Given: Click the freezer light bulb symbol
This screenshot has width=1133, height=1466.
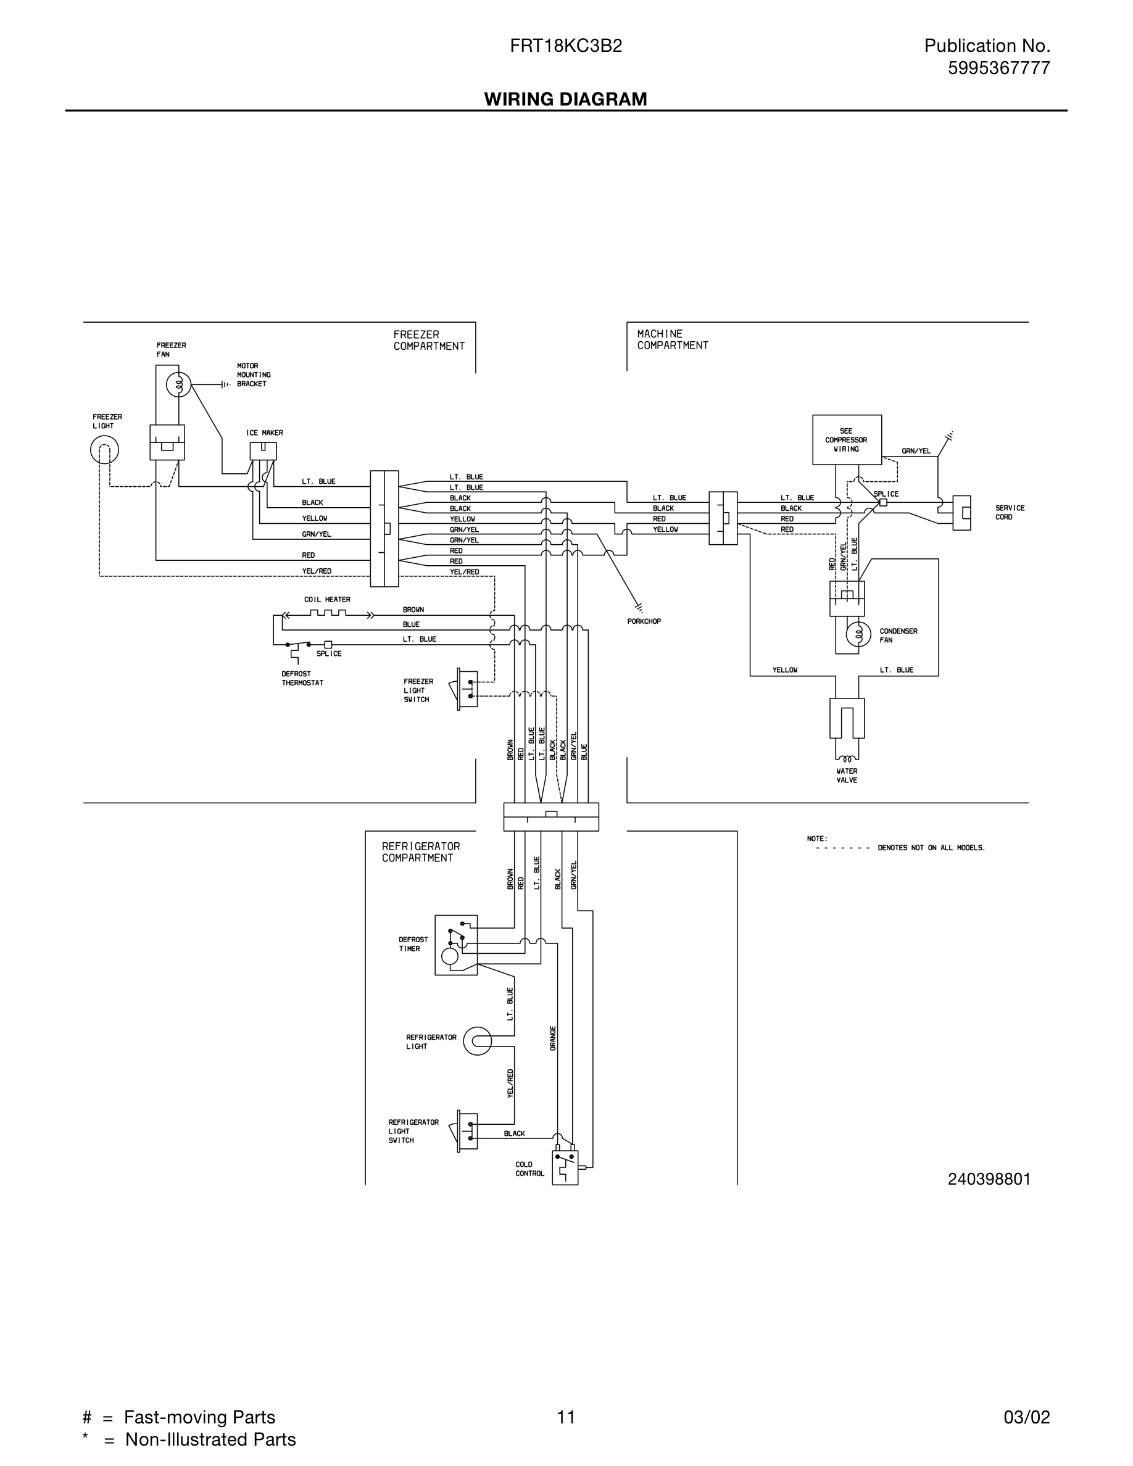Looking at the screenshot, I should coord(105,450).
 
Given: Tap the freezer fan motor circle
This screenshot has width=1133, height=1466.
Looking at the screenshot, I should coord(178,384).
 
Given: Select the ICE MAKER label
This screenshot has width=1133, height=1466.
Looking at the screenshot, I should coord(265,433).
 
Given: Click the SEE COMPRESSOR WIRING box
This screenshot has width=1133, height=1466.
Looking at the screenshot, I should coord(847,440).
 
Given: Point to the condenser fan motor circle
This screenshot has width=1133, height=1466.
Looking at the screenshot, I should coord(857,634).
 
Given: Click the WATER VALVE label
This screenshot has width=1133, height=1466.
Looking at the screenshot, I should coord(847,776).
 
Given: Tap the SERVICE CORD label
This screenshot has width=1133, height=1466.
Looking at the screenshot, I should coord(1010,512).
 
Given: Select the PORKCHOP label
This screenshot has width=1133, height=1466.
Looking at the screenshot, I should coord(644,621).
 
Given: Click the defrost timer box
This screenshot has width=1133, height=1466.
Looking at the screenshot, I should coord(456,945).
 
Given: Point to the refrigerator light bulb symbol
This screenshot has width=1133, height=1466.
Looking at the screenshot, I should coord(477,1041).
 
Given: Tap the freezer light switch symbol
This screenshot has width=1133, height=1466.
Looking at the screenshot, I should coord(467,689).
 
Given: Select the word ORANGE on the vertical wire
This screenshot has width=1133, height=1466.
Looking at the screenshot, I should coord(553,1038).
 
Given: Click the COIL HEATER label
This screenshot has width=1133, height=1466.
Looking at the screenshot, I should coord(327,600).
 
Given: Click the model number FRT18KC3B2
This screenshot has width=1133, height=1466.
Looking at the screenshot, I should coord(565,46).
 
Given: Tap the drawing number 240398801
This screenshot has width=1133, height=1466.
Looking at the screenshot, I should coord(989,1178).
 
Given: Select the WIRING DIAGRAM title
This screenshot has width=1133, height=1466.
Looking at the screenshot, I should coord(565,99).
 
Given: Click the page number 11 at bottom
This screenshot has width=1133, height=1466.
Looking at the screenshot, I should coord(565,1417).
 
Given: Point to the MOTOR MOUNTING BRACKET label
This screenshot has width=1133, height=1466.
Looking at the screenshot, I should coord(253,375).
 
